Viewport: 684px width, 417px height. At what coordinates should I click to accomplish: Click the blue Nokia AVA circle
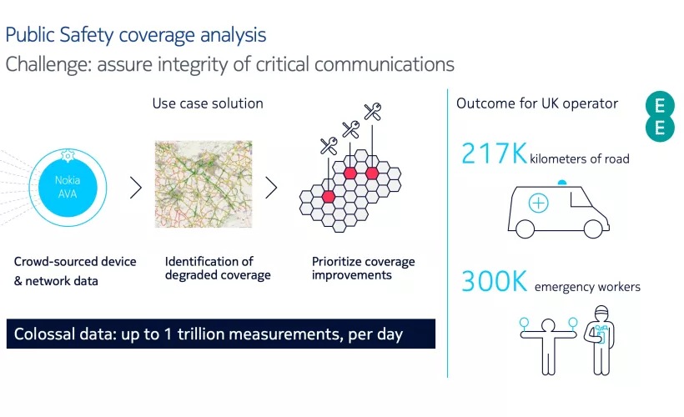coord(68,188)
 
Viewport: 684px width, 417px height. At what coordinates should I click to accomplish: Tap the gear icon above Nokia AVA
coord(68,155)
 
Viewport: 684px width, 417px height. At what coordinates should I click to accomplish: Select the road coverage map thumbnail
coord(204,183)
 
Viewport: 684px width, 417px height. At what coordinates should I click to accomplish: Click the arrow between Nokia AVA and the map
coord(136,188)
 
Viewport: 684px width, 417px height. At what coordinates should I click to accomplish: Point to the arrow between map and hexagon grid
coord(271,188)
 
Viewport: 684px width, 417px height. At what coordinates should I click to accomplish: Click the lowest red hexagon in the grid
coord(328,196)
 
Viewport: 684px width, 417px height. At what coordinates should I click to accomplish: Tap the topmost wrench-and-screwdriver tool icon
coord(373,112)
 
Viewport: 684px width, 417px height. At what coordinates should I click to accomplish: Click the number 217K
coord(494,153)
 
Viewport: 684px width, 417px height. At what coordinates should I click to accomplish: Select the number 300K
coord(495,281)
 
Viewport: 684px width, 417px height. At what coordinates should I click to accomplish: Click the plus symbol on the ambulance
coord(538,203)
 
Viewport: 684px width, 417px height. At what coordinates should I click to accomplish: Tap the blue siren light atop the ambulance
coord(562,183)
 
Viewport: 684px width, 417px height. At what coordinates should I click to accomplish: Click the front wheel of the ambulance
coord(593,229)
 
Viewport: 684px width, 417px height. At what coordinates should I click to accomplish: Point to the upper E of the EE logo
coord(660,106)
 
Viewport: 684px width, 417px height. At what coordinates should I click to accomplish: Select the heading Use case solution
coord(208,103)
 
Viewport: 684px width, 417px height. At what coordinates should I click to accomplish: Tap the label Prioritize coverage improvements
coord(364,269)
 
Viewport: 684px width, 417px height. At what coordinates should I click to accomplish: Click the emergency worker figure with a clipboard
coord(601,340)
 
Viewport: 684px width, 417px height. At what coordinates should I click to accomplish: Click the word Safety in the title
coord(87,35)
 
